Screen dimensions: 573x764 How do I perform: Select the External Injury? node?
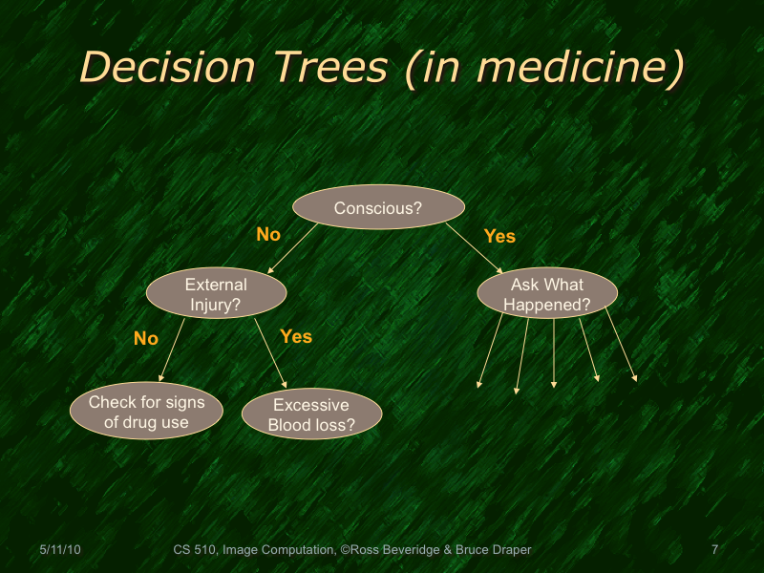click(216, 294)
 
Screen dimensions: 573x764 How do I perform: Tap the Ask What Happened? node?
click(547, 294)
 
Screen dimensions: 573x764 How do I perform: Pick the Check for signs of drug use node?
click(145, 412)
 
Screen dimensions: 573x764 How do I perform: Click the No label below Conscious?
click(268, 234)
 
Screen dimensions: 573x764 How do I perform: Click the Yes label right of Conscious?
click(499, 236)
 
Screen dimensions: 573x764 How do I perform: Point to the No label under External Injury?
click(145, 338)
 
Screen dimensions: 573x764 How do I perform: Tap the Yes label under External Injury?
click(296, 336)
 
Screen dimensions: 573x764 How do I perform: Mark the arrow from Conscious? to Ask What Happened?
click(473, 247)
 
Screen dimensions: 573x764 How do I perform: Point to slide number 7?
click(714, 550)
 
